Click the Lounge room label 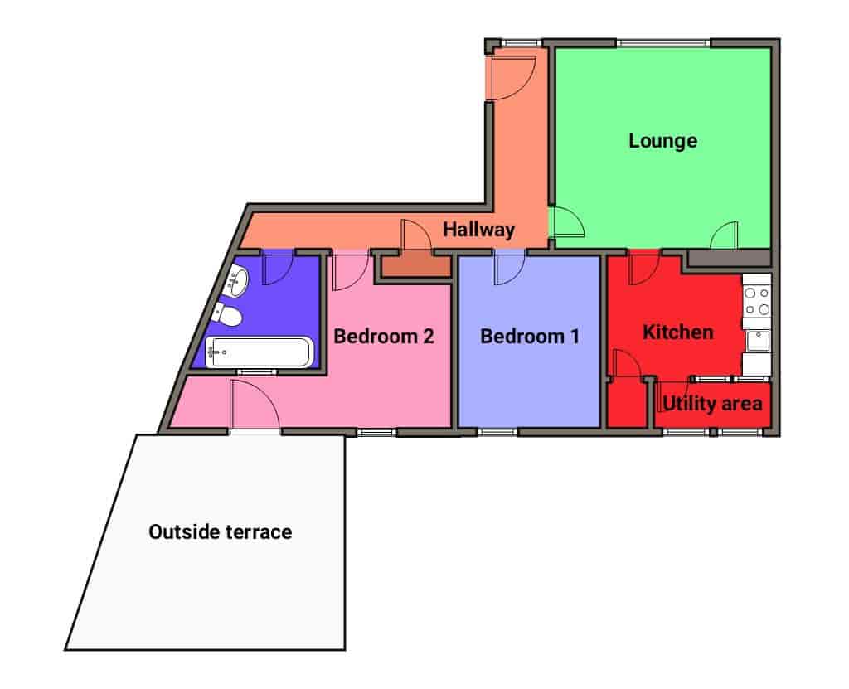pyautogui.click(x=662, y=141)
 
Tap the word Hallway pyautogui.click(x=478, y=229)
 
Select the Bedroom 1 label pyautogui.click(x=530, y=337)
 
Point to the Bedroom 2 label pyautogui.click(x=383, y=337)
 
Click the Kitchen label pyautogui.click(x=678, y=332)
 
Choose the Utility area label pyautogui.click(x=712, y=404)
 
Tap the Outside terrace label pyautogui.click(x=221, y=532)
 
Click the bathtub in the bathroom pyautogui.click(x=260, y=352)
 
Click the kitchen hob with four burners pyautogui.click(x=756, y=302)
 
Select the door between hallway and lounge pyautogui.click(x=567, y=222)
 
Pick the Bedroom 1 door pyautogui.click(x=510, y=268)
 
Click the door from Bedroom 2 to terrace pyautogui.click(x=255, y=405)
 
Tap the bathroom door pyautogui.click(x=278, y=268)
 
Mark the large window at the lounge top pyautogui.click(x=663, y=43)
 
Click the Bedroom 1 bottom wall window pyautogui.click(x=497, y=432)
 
